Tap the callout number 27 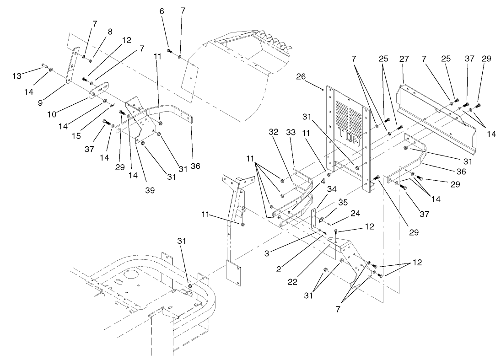[403, 59]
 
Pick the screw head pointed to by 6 [169, 51]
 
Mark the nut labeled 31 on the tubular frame [189, 286]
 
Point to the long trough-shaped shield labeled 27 [435, 117]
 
